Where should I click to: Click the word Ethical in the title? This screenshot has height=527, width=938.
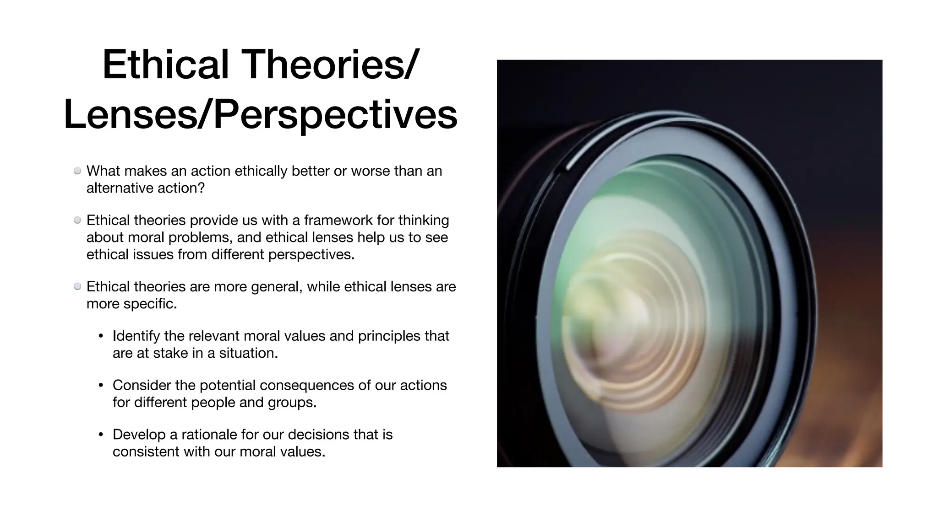(x=165, y=65)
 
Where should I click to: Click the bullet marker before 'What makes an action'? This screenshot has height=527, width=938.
(x=77, y=171)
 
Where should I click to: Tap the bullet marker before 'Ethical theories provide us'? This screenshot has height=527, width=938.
(x=77, y=220)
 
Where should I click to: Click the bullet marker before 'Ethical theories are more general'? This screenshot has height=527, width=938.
(x=77, y=286)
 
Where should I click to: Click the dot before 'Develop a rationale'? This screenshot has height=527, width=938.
(x=101, y=435)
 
